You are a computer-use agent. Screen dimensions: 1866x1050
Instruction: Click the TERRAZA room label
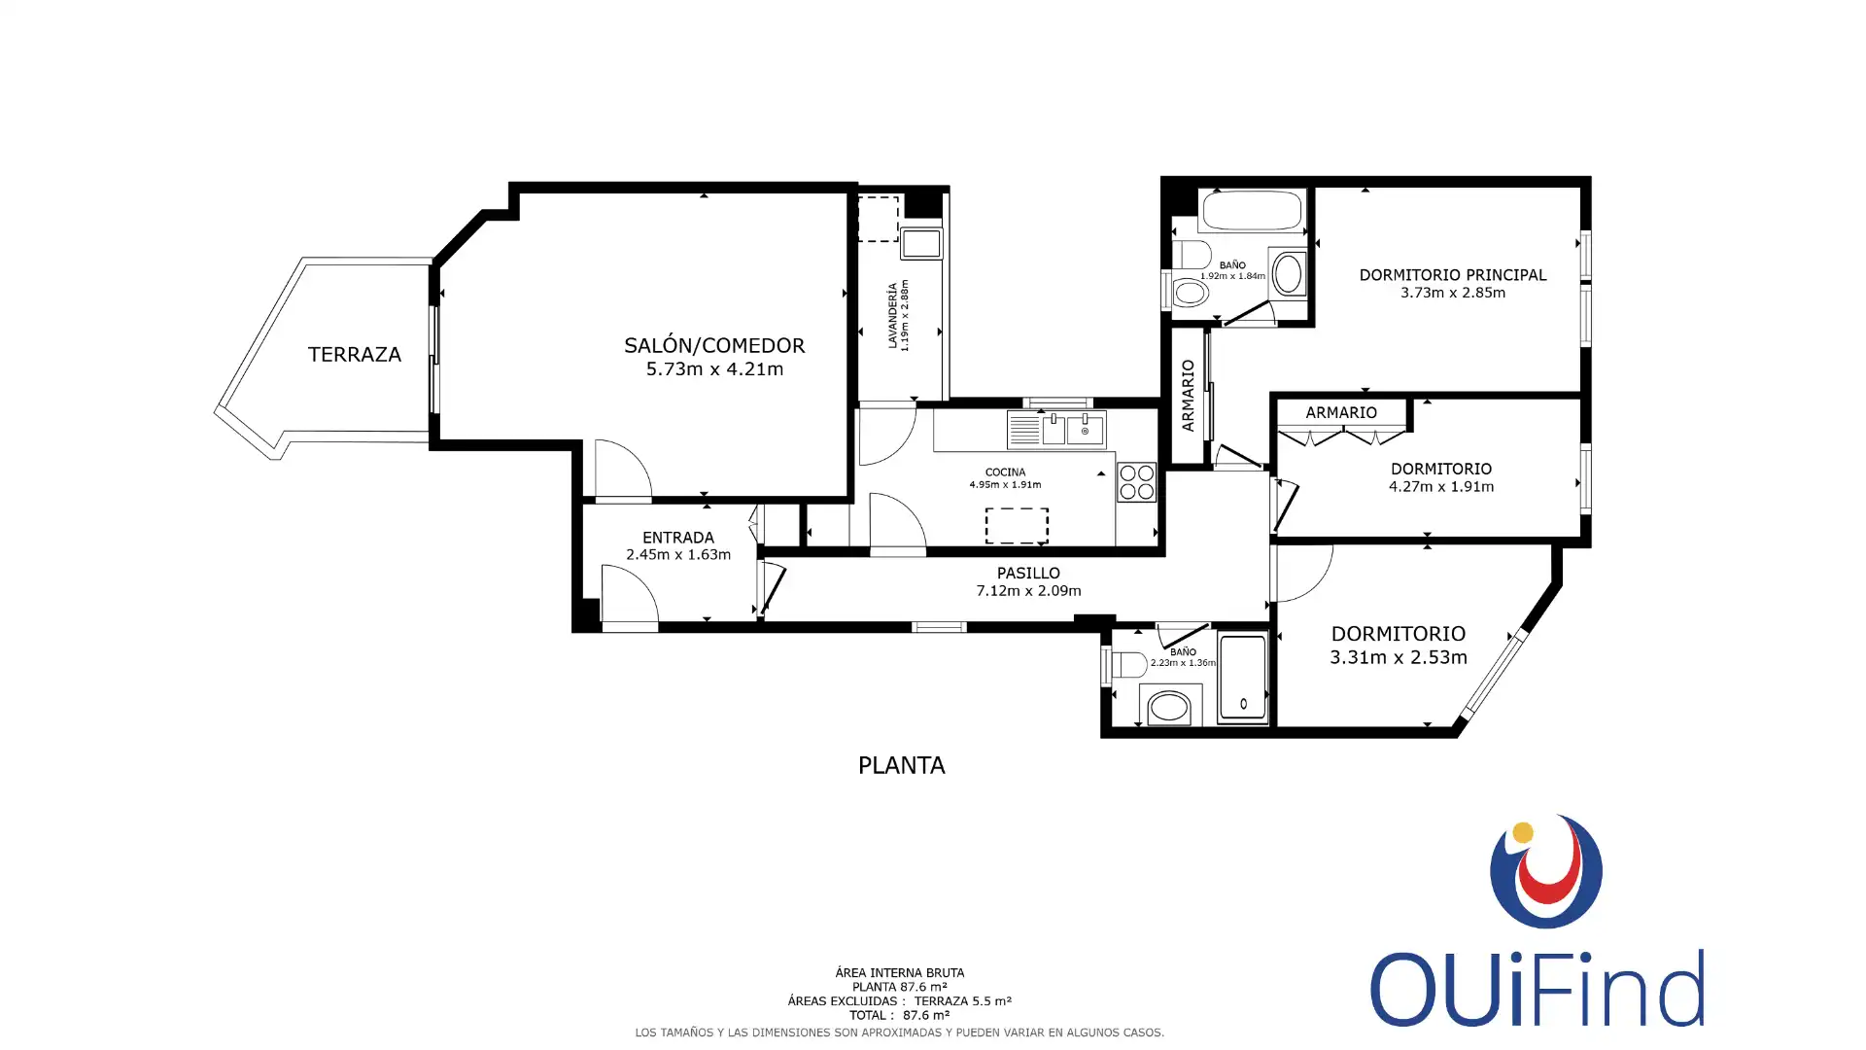pos(355,355)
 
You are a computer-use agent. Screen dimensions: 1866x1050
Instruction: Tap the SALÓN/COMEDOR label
pos(714,345)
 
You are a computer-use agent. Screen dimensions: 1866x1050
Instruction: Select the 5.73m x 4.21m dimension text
pos(714,369)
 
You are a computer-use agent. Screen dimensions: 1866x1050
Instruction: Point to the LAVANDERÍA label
pos(892,316)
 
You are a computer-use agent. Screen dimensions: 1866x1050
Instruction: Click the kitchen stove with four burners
pos(1136,482)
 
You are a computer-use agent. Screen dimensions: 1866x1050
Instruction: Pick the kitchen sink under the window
pos(1056,430)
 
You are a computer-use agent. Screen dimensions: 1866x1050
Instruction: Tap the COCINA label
pos(1005,472)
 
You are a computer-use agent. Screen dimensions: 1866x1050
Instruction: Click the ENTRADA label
pos(678,538)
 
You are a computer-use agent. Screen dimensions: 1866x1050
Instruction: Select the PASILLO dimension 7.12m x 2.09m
pos(1028,591)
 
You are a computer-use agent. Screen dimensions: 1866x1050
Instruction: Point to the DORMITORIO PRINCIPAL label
pos(1453,275)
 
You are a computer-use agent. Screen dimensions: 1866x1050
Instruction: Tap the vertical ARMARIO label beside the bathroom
pos(1188,396)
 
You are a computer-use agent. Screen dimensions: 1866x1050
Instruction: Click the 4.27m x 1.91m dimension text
pos(1441,487)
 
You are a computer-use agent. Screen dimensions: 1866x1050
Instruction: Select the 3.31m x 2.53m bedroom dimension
pos(1399,657)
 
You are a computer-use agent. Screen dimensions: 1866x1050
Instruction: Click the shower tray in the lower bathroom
pos(1243,677)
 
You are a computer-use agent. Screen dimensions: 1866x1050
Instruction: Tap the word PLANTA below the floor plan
pos(902,766)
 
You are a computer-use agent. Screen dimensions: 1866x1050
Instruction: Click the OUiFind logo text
pos(1538,989)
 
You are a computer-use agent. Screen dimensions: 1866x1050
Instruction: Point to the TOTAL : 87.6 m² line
pos(899,1015)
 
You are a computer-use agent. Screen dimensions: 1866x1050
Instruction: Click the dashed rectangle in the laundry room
pos(878,219)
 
